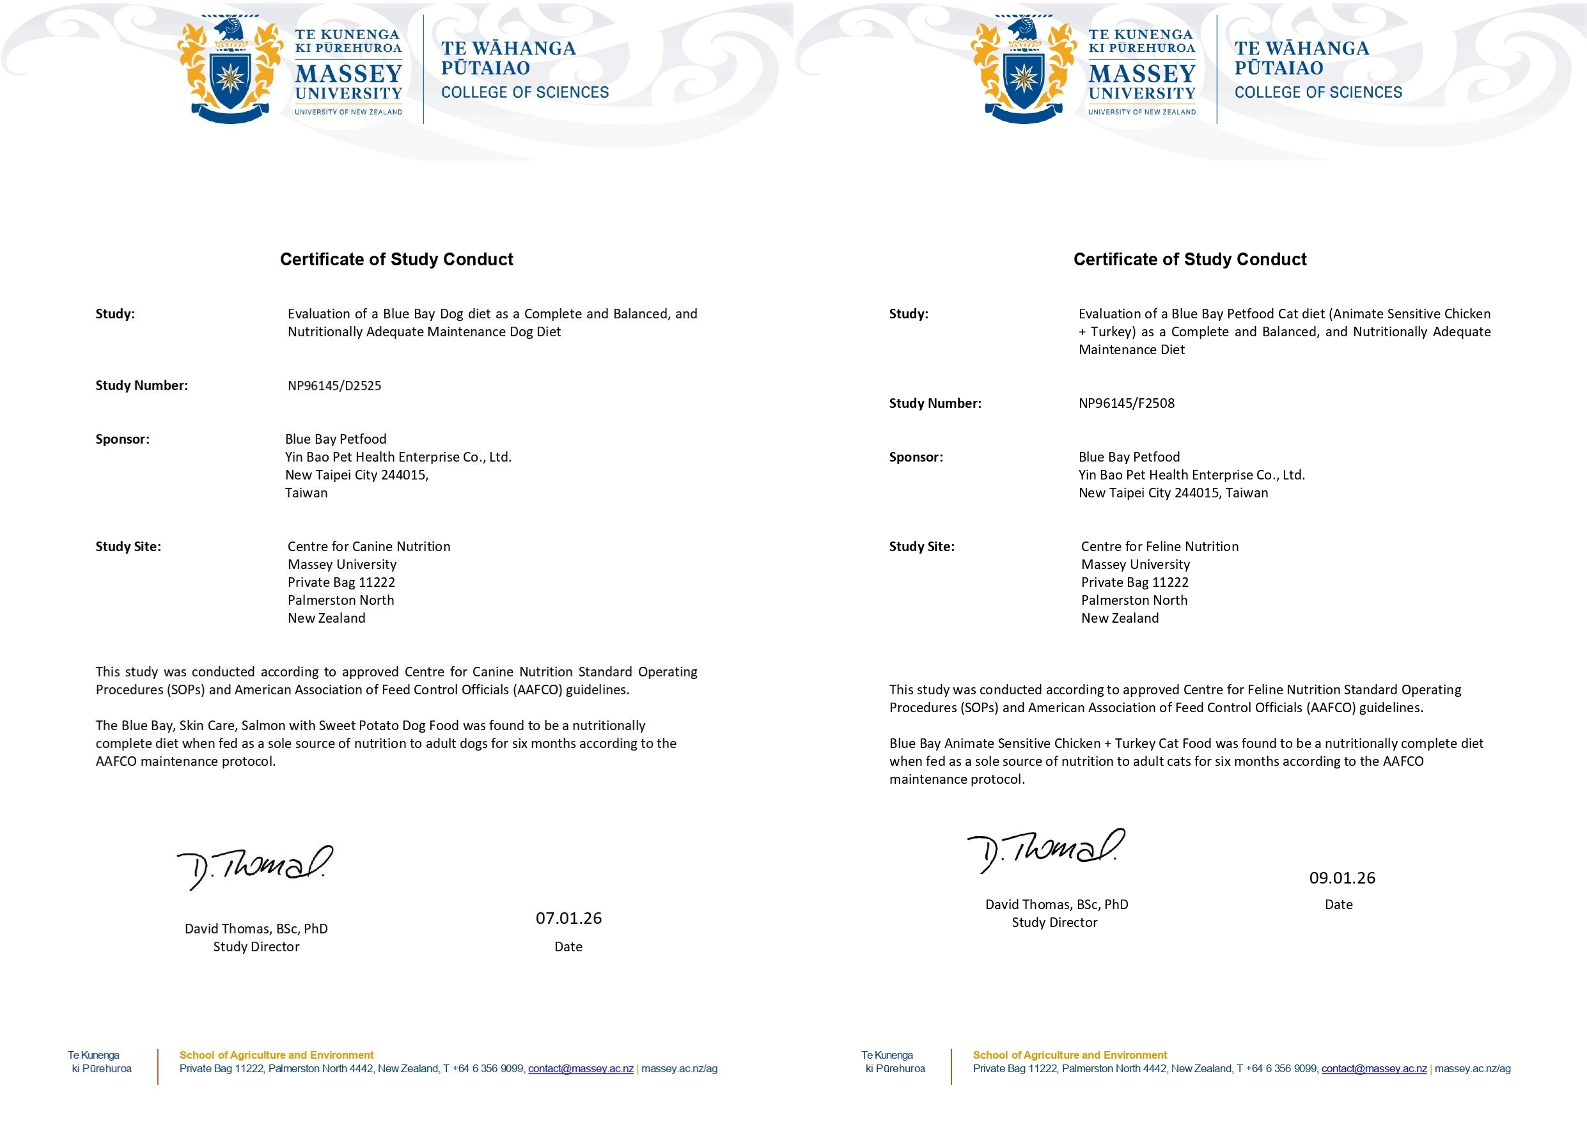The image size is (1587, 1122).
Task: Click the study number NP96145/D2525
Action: (334, 386)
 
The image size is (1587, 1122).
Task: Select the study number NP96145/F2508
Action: (1126, 403)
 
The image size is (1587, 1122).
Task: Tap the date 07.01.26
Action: (568, 918)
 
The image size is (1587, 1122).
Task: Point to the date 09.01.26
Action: (1341, 878)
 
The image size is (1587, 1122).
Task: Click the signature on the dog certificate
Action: (254, 867)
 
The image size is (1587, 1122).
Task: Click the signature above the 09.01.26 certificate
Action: (1045, 850)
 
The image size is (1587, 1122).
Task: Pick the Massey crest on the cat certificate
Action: (1023, 70)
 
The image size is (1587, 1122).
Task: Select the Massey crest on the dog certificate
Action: (230, 70)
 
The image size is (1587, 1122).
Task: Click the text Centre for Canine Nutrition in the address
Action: (368, 547)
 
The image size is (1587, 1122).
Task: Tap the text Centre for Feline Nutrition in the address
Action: (1159, 547)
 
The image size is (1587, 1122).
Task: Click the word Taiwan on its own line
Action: (306, 493)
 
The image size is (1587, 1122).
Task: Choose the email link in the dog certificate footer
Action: (581, 1069)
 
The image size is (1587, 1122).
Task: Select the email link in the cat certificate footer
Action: (1374, 1069)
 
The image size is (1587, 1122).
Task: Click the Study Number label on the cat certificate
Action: (935, 403)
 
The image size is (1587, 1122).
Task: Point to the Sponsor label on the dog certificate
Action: (122, 440)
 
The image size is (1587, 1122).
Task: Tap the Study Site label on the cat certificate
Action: (921, 547)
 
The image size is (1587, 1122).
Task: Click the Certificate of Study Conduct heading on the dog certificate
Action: (396, 259)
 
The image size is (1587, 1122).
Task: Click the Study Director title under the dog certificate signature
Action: (256, 947)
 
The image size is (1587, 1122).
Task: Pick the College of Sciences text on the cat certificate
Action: (1318, 93)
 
